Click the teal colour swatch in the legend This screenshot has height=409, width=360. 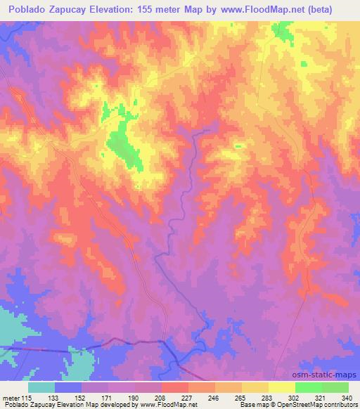[41, 387]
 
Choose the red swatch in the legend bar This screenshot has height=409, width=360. [174, 387]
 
